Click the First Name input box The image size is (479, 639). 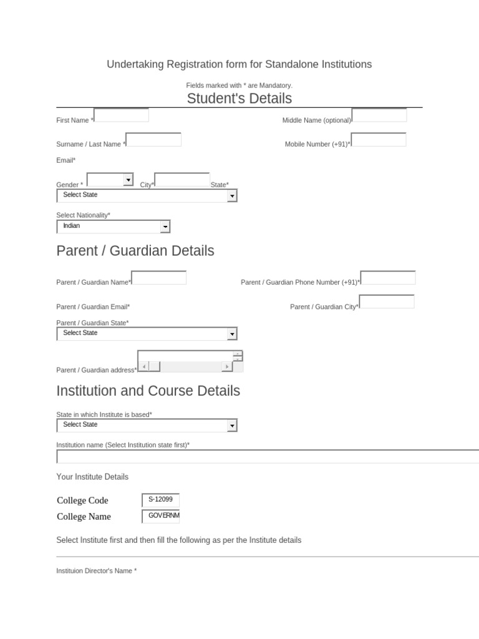click(121, 115)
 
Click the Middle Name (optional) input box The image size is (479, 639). click(379, 115)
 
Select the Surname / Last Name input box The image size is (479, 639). click(153, 139)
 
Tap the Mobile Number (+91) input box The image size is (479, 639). click(379, 139)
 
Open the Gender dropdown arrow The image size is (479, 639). click(128, 180)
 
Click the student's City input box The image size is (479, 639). click(182, 180)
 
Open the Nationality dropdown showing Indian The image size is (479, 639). click(165, 227)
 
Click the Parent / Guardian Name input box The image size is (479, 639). click(158, 278)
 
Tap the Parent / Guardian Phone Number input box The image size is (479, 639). click(388, 278)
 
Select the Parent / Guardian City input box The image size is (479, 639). click(387, 302)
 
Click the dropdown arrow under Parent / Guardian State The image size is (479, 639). click(232, 334)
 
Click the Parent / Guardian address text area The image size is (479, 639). click(185, 356)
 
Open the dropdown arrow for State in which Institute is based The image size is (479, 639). click(232, 426)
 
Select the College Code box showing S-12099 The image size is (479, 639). click(160, 500)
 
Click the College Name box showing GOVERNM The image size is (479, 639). click(160, 516)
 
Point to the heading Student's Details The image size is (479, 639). click(239, 99)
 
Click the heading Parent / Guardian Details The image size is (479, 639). click(135, 251)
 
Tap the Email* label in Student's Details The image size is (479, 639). click(65, 160)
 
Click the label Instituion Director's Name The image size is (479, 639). click(96, 571)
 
